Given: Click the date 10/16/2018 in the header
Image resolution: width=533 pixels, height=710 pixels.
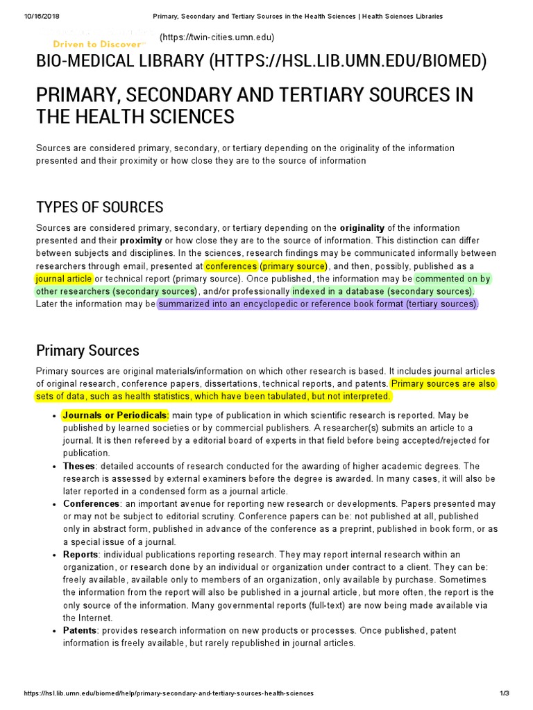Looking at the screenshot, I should pos(25,15).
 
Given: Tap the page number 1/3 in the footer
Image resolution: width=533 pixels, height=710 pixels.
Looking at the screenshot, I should pos(504,693).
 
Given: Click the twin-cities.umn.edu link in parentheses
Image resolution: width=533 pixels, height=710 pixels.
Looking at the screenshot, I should pos(217,37).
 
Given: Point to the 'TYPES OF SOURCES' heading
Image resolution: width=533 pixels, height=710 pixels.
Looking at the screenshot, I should pos(100,207).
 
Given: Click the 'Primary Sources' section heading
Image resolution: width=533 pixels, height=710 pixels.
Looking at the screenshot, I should pos(87,350).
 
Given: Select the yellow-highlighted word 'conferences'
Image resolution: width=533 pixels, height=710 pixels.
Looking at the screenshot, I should pos(231,266).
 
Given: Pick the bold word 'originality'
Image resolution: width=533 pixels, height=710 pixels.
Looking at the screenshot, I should pos(362,228).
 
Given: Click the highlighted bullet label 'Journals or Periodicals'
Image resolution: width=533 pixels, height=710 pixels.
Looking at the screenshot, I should pos(115,415).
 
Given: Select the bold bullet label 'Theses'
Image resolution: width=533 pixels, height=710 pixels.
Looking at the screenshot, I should pos(78,466).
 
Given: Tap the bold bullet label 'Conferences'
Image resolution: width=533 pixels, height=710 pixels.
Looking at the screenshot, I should pos(92,503).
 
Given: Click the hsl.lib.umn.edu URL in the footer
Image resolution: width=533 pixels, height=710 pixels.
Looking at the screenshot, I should pos(169,693).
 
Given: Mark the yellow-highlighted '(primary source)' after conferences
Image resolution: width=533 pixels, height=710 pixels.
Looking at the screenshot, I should pos(294,266).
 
